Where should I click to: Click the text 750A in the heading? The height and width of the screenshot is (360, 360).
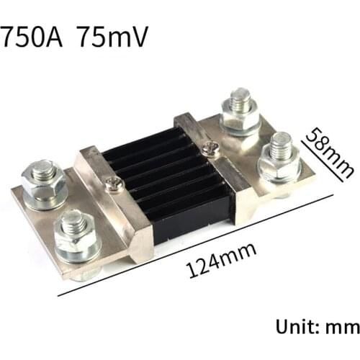[34, 37]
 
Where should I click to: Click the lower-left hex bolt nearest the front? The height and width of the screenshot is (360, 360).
[76, 233]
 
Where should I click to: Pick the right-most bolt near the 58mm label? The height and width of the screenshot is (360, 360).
[280, 154]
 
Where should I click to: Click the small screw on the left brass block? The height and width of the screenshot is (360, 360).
[113, 185]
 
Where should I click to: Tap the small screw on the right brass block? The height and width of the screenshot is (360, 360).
[210, 148]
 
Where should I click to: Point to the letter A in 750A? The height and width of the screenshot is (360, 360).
[57, 37]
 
